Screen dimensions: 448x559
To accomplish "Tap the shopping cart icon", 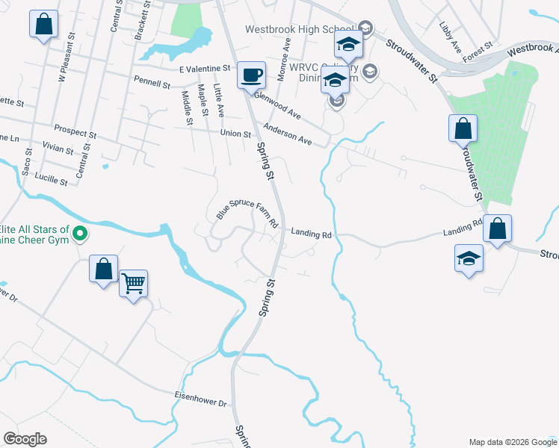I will pos(134,283).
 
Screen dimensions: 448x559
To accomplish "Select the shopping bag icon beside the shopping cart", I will pos(103,269).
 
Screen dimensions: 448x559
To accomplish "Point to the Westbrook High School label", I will pos(300,30).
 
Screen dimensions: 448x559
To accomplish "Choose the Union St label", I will pos(235,134).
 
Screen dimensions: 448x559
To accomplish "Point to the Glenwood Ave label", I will pos(277,106).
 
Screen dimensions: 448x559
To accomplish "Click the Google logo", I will pos(25,439).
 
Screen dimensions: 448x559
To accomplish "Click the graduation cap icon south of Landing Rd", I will pos(469,259).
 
